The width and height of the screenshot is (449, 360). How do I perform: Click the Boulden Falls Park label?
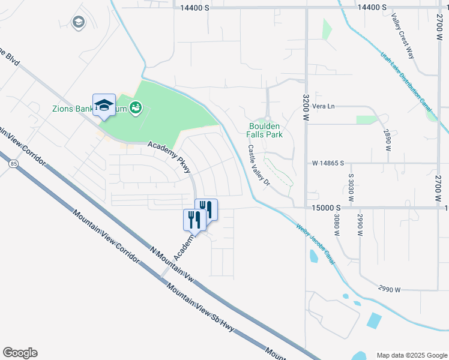265,130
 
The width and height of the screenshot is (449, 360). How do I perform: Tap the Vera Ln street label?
323,106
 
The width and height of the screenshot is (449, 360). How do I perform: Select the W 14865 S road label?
327,163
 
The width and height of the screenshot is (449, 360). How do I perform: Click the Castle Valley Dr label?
259,166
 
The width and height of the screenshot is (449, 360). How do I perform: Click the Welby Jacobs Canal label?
315,244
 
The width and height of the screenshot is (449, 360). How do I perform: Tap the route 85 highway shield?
13,162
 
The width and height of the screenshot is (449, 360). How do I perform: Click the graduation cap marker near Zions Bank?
104,105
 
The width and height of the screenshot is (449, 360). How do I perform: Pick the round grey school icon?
77,23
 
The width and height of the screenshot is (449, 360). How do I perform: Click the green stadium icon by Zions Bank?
136,107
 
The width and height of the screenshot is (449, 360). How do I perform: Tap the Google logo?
20,353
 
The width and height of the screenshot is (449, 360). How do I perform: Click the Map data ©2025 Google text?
411,355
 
